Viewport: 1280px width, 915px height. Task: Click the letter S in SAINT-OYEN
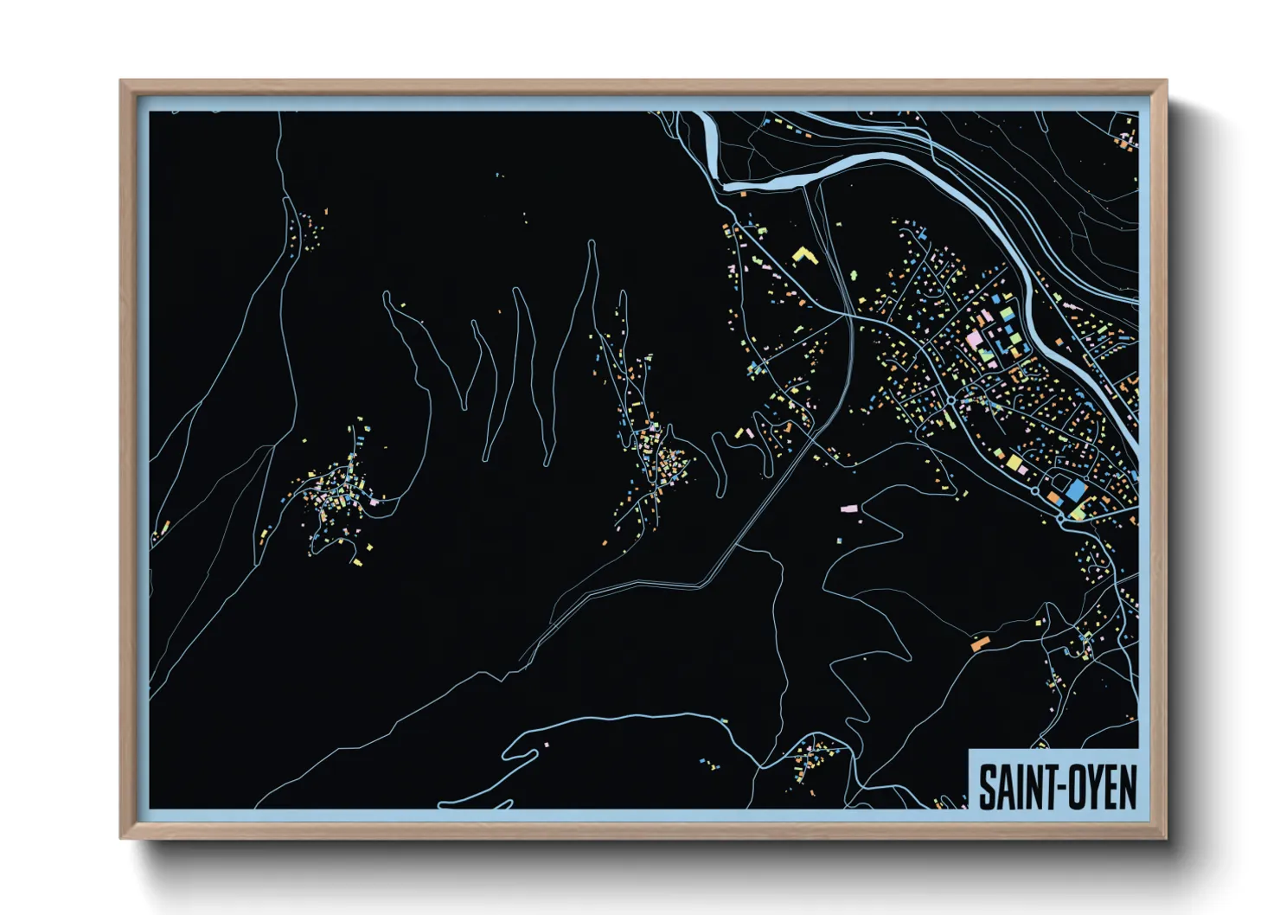tap(986, 788)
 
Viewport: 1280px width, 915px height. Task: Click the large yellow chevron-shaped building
tap(804, 256)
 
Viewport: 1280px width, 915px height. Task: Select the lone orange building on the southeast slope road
tap(980, 643)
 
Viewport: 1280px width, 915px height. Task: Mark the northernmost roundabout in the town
tap(950, 400)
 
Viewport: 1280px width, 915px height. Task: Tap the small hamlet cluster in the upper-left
tap(308, 228)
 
